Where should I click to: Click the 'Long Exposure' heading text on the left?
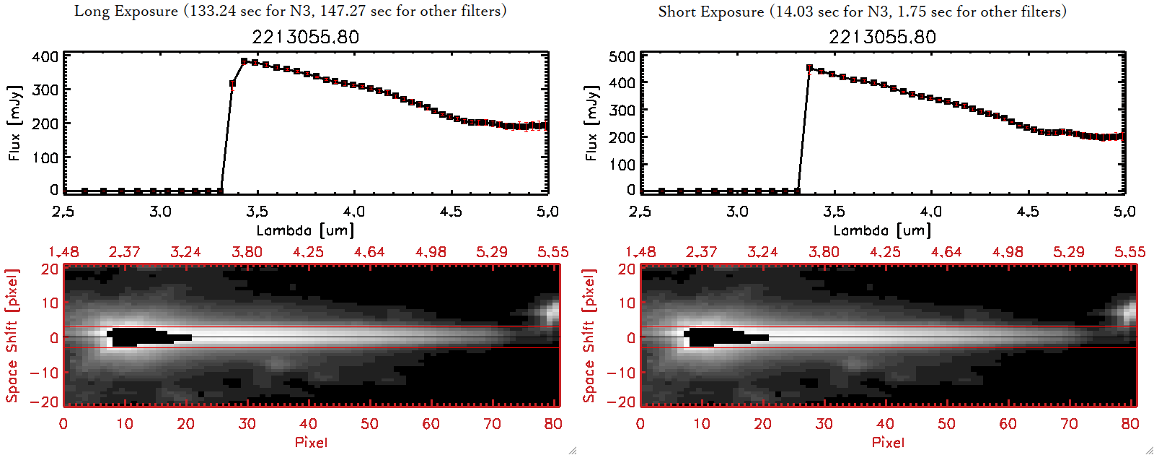[x=126, y=11]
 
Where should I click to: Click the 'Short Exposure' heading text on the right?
[x=710, y=12]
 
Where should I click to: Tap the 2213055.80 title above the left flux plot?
[x=305, y=37]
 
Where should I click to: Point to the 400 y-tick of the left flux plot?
[x=45, y=56]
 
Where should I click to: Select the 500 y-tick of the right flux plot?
[x=622, y=56]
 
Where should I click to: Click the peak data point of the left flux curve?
[x=245, y=61]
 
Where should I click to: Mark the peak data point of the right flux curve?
[x=810, y=68]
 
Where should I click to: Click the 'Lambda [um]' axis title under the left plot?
[x=305, y=230]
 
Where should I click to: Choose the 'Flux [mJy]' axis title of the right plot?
[x=591, y=123]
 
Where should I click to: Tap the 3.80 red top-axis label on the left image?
[x=247, y=252]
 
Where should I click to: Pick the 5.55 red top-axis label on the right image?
[x=1129, y=252]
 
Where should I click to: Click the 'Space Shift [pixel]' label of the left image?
[x=12, y=335]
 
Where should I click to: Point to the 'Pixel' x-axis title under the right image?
[x=888, y=442]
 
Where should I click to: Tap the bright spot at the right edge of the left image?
[x=552, y=312]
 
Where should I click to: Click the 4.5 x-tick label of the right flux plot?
[x=1028, y=212]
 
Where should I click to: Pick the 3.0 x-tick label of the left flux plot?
[x=160, y=212]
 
